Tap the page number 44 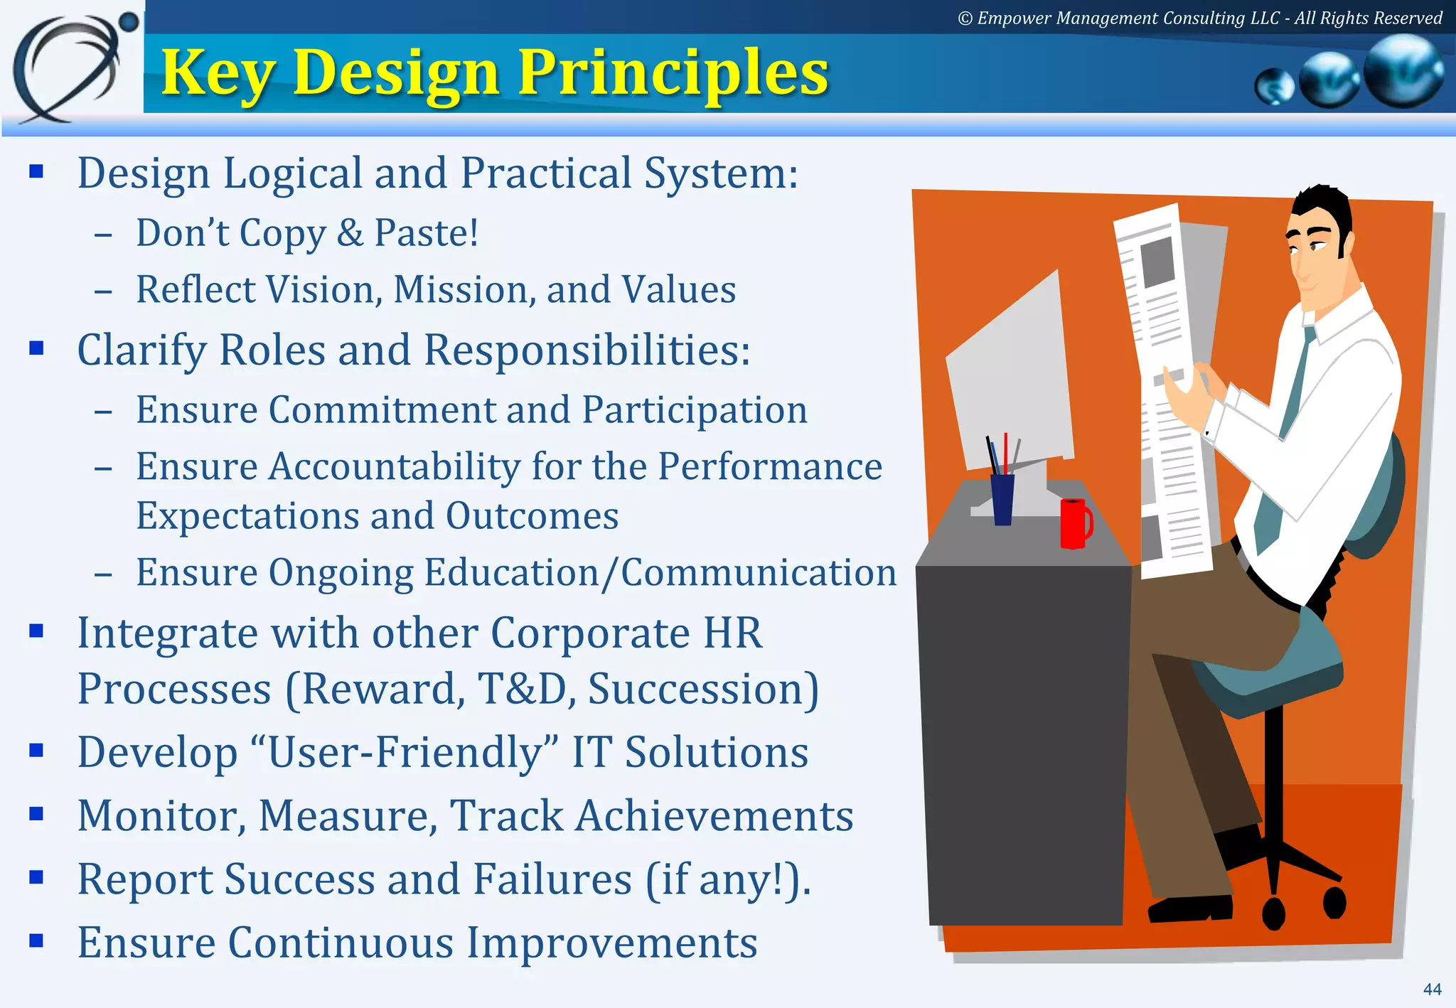pos(1432,989)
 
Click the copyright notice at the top pos(1199,18)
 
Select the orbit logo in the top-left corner pos(71,68)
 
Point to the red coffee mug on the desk pos(1074,523)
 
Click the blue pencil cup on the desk pos(1002,499)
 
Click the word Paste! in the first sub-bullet pos(426,232)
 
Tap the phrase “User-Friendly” pos(405,752)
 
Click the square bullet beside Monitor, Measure pos(37,813)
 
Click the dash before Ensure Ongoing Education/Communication pos(103,574)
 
